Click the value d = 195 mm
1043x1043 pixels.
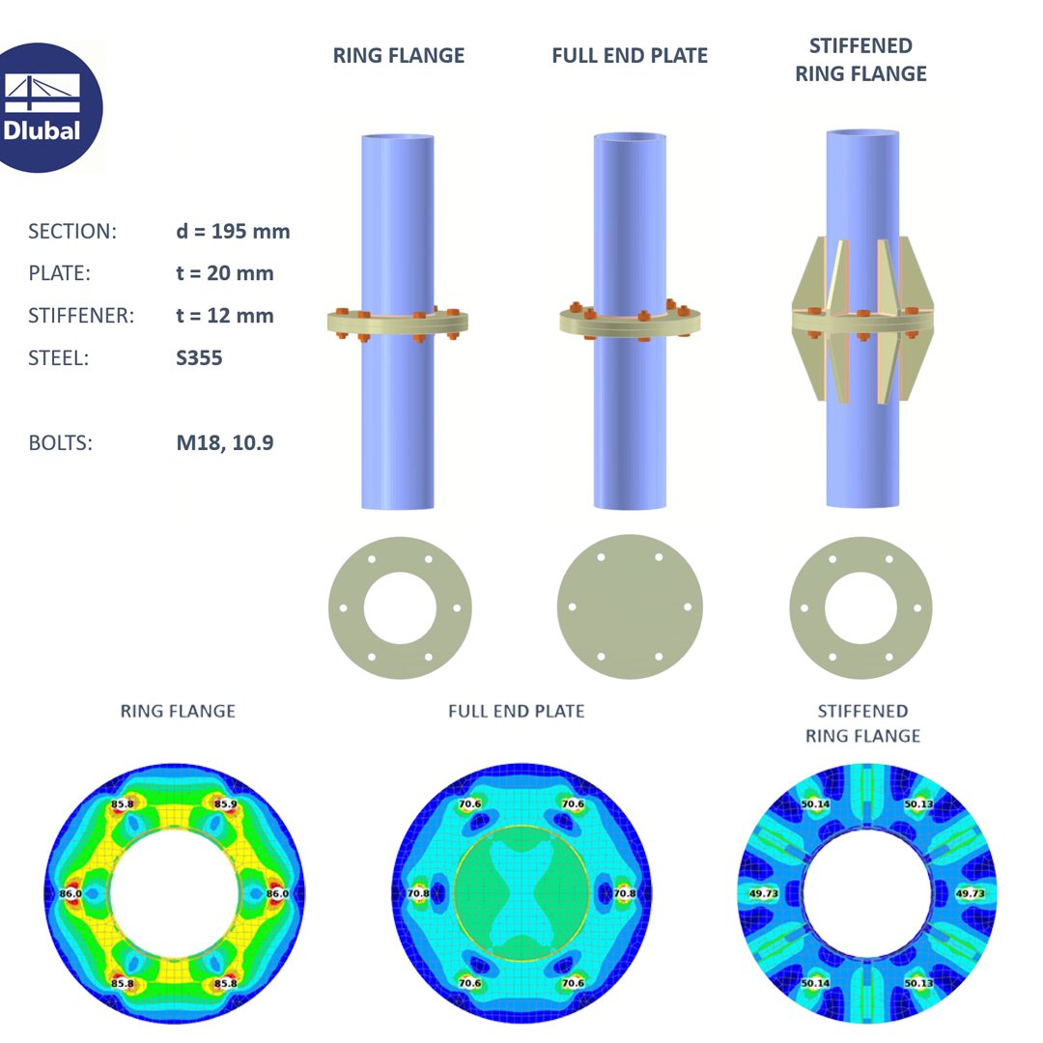pos(228,232)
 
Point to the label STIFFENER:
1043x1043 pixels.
pos(80,315)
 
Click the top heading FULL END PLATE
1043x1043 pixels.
pos(630,56)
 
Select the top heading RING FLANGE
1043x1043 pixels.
pos(398,56)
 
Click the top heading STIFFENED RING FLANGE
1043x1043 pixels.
pos(860,60)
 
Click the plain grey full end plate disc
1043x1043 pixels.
pos(630,606)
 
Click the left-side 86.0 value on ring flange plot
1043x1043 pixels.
pos(71,894)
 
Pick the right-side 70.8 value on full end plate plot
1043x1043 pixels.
pos(623,894)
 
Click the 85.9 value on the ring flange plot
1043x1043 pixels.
pos(226,803)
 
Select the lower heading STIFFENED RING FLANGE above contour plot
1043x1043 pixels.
pos(862,723)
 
